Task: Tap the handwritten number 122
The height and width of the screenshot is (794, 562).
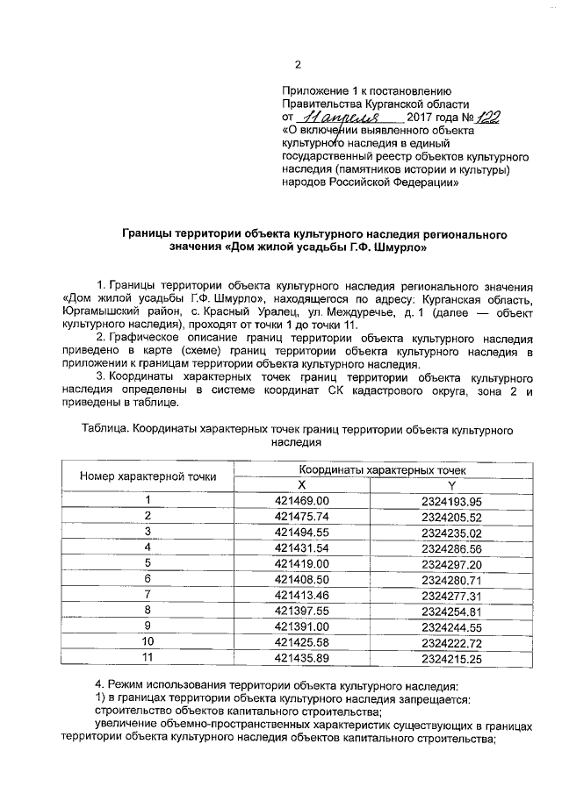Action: [489, 116]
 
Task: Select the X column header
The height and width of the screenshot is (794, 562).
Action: [301, 485]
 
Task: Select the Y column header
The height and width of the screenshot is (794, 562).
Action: [452, 485]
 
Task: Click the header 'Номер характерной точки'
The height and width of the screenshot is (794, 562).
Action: [148, 477]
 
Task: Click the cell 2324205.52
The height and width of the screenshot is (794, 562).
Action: [452, 516]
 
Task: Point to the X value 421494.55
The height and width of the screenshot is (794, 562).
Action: [301, 532]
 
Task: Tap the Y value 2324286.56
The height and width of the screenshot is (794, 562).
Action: [452, 547]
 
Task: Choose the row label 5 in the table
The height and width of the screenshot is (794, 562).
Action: [148, 562]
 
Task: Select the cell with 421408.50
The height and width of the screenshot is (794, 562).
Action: [301, 578]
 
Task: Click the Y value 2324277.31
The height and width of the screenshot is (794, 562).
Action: [452, 594]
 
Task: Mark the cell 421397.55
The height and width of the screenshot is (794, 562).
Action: [301, 610]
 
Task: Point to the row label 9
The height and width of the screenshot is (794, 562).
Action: [148, 626]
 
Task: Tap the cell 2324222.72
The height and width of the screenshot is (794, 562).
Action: [452, 641]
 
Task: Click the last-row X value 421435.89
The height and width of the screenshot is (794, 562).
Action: [301, 657]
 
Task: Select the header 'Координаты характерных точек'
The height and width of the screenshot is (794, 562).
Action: [377, 470]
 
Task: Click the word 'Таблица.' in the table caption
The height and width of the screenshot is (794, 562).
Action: [104, 431]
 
